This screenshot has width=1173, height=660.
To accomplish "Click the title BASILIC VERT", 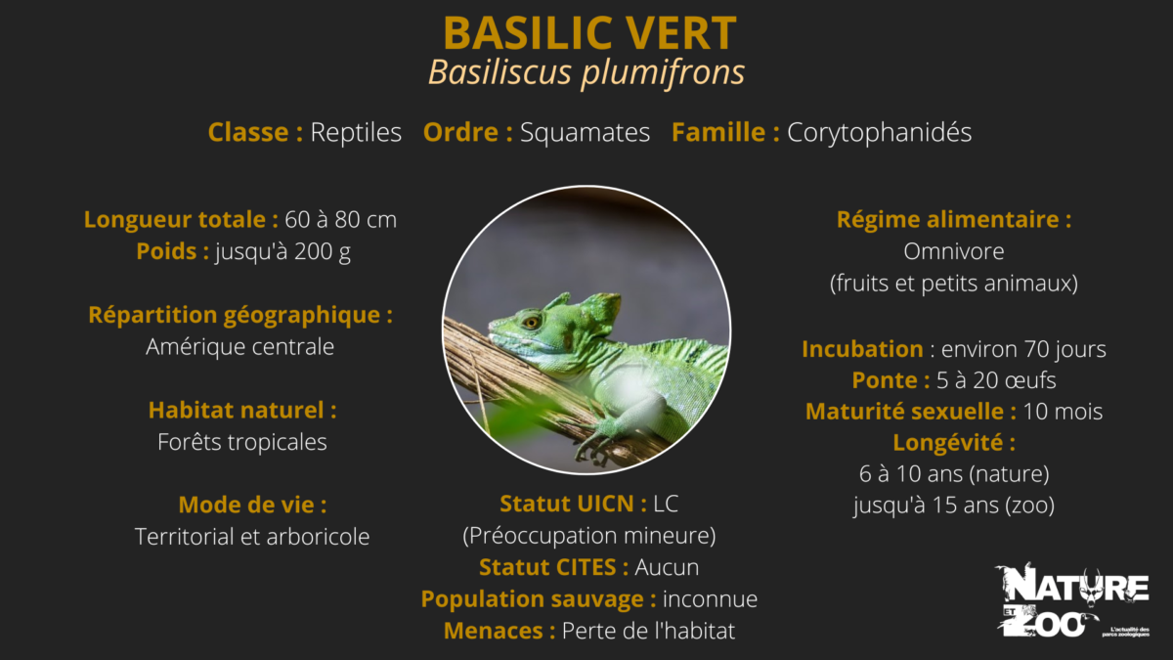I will pyautogui.click(x=588, y=33).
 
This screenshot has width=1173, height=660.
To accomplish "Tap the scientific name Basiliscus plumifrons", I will pyautogui.click(x=586, y=72).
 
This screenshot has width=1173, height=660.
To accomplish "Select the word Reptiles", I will pyautogui.click(x=356, y=133).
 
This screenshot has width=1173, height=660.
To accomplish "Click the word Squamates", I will pyautogui.click(x=585, y=133).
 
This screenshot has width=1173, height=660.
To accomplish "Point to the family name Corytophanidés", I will pyautogui.click(x=880, y=133).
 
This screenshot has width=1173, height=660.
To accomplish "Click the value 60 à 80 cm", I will pyautogui.click(x=340, y=220).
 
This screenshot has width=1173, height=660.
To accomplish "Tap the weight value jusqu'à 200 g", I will pyautogui.click(x=283, y=251).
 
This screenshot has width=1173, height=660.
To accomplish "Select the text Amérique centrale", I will pyautogui.click(x=240, y=347).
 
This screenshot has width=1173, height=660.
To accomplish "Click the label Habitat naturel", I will pyautogui.click(x=242, y=411).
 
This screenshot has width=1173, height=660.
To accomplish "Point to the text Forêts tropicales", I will pyautogui.click(x=242, y=442).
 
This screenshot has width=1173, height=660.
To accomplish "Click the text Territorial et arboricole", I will pyautogui.click(x=252, y=537).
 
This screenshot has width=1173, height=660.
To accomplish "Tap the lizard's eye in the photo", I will pyautogui.click(x=531, y=321).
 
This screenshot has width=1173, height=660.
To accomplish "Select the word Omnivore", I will pyautogui.click(x=954, y=251).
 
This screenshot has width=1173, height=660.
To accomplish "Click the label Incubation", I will pyautogui.click(x=862, y=349).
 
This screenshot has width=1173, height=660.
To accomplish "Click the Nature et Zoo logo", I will pyautogui.click(x=1070, y=598).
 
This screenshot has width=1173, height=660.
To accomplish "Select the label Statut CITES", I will pyautogui.click(x=553, y=567).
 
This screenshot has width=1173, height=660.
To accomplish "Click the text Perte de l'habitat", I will pyautogui.click(x=648, y=631).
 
